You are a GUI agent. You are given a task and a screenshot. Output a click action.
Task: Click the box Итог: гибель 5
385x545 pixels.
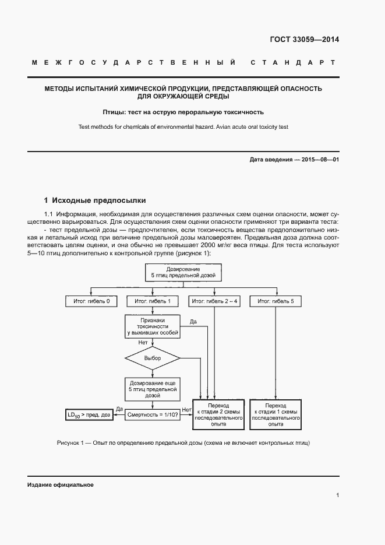point(275,301)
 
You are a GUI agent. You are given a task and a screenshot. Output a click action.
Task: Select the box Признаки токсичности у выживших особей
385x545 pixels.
point(152,327)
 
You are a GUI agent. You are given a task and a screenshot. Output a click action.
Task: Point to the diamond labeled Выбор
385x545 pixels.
point(152,358)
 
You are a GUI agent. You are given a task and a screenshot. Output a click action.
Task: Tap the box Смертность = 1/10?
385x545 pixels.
point(152,414)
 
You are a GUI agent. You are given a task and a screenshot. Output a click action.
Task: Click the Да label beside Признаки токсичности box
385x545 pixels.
point(193,322)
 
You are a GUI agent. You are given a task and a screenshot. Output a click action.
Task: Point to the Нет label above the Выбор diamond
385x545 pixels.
point(143,343)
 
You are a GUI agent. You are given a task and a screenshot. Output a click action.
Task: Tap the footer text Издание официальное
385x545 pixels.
point(61,484)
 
